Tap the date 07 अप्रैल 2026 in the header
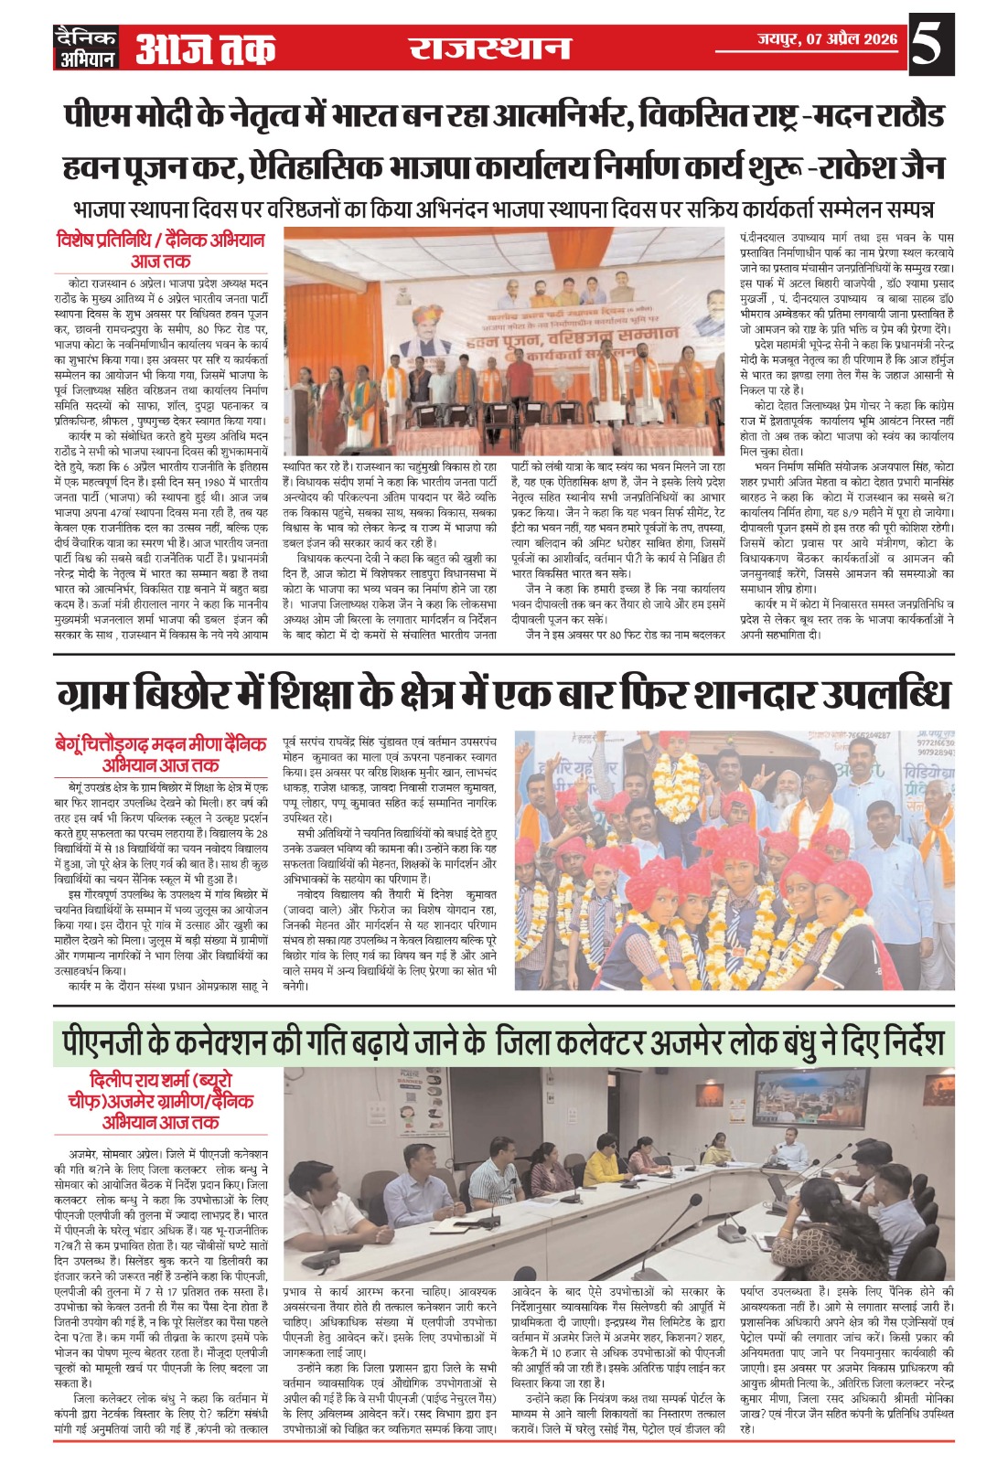pos(827,38)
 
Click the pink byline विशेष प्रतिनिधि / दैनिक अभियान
pos(160,240)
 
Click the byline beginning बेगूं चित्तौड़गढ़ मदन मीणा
pos(160,743)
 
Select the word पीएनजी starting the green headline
pos(102,1042)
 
